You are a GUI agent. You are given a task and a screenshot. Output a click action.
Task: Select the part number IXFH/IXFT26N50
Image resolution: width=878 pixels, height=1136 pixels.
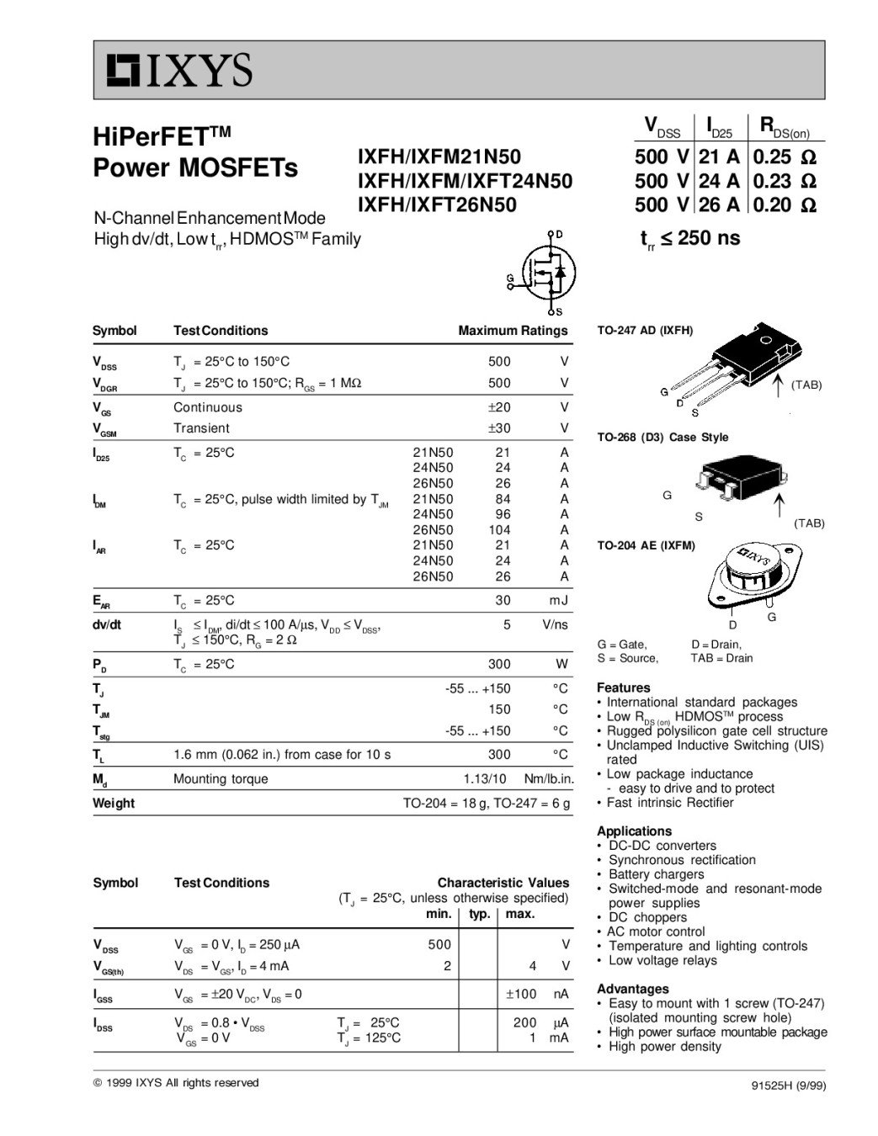(437, 204)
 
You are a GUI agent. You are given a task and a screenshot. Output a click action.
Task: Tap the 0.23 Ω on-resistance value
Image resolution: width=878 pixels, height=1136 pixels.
(784, 181)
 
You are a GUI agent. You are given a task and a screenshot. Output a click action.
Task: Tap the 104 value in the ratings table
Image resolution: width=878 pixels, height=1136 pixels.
(498, 530)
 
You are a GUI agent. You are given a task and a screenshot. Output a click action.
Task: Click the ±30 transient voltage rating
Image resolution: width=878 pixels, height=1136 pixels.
(498, 428)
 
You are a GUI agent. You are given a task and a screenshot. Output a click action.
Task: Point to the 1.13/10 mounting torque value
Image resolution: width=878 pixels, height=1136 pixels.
(485, 779)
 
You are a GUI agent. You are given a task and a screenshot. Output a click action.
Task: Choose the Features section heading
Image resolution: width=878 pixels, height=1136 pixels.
(623, 687)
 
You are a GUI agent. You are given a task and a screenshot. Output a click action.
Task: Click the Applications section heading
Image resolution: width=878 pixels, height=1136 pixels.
(634, 831)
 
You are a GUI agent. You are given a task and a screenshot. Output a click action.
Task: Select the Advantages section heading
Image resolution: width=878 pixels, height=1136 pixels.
(632, 989)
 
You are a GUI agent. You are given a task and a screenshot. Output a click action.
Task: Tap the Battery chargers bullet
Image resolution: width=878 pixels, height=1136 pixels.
(656, 874)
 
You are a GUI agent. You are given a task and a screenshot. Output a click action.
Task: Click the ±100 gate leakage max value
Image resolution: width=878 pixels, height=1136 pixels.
(520, 995)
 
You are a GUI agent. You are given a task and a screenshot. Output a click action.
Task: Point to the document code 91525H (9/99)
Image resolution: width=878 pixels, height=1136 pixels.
(788, 1086)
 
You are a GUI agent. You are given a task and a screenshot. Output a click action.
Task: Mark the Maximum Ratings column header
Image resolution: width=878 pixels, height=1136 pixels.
(513, 331)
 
